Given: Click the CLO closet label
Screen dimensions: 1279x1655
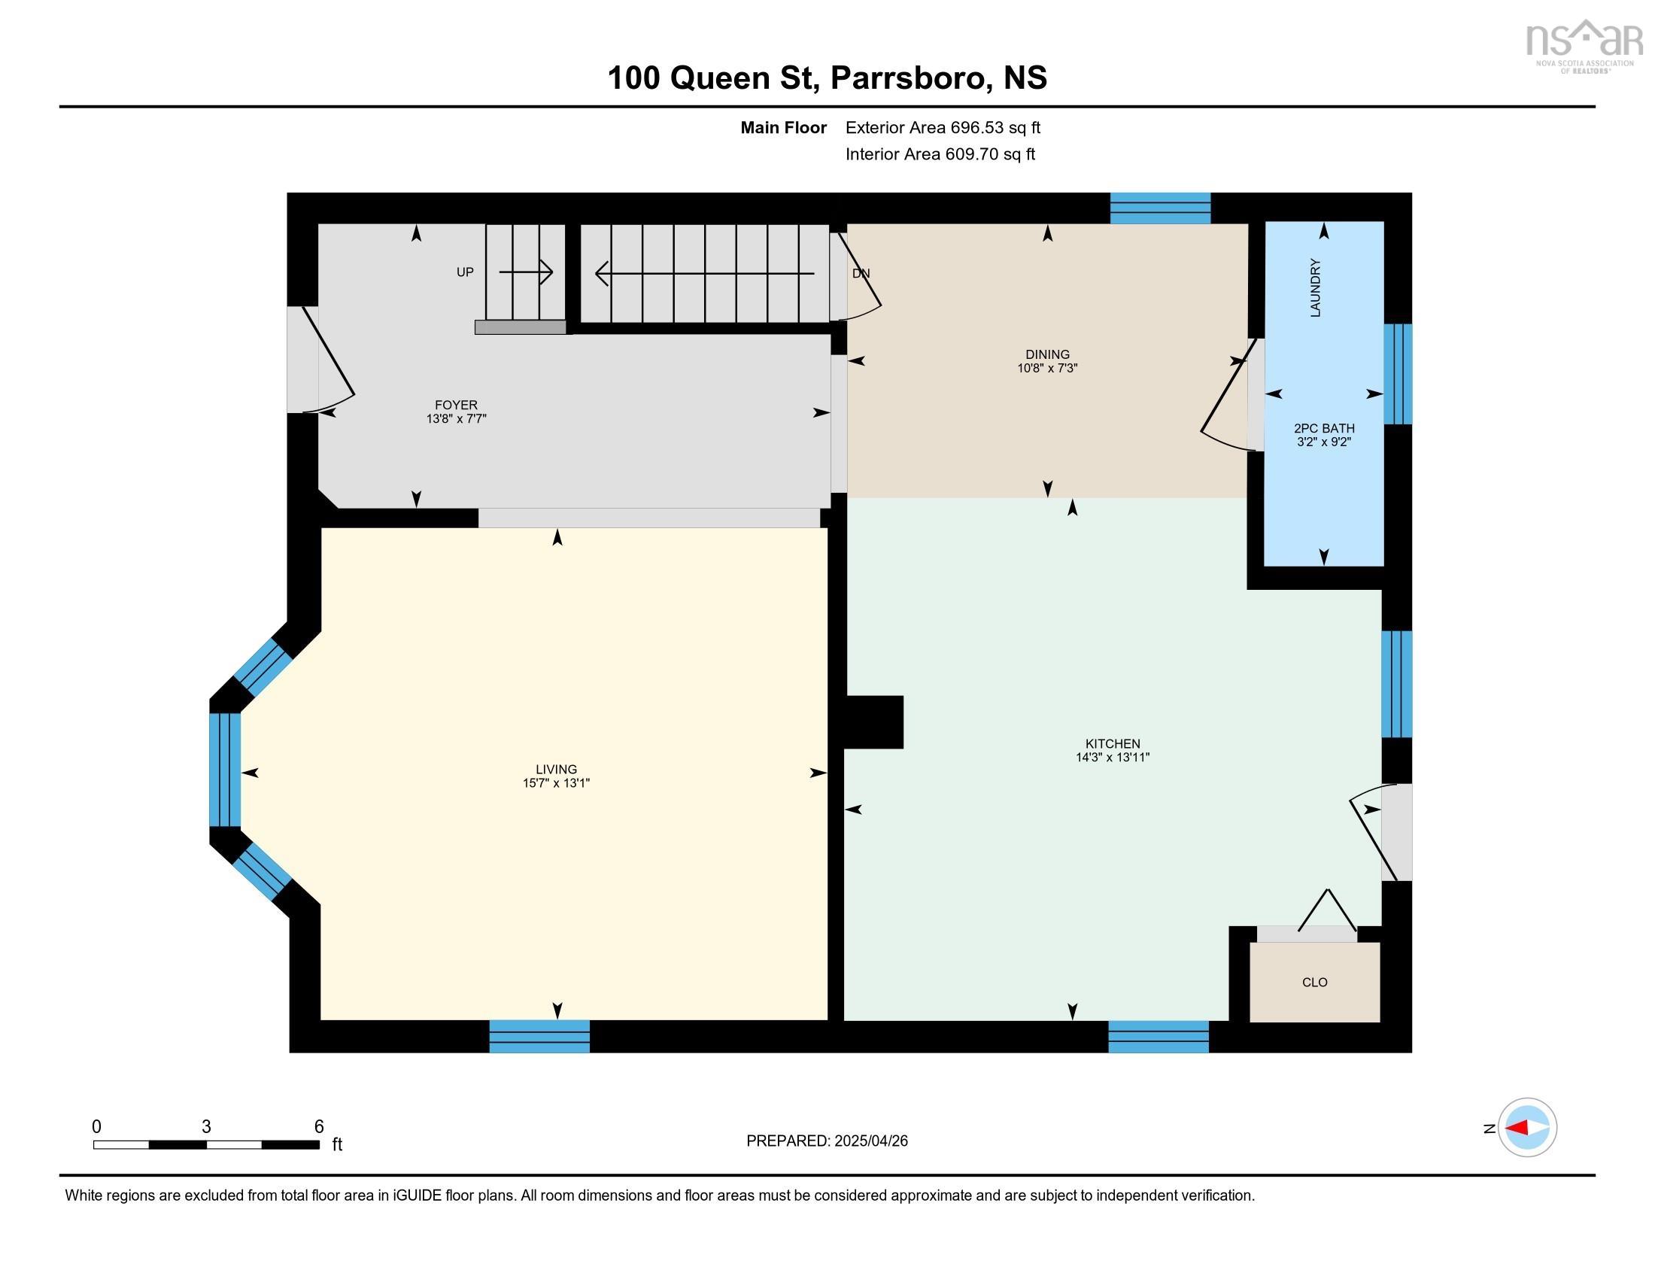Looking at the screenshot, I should [x=1314, y=982].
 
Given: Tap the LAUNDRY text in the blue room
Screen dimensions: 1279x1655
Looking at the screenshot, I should [x=1315, y=287].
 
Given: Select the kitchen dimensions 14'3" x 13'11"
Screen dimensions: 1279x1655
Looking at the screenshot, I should [x=1113, y=757].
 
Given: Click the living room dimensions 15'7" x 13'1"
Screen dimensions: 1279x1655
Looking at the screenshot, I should [x=555, y=782].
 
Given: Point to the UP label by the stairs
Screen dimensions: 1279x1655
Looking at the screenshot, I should [x=464, y=272].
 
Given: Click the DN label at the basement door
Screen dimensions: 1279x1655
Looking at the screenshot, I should [x=861, y=274].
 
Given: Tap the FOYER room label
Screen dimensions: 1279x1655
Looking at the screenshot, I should [x=455, y=405].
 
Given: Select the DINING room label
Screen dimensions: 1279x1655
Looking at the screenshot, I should [x=1047, y=354].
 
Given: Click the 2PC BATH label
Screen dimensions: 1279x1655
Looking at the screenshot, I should [x=1323, y=428].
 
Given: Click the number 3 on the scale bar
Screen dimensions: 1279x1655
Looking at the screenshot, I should [x=205, y=1127].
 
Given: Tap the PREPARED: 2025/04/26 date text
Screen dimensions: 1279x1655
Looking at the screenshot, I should [x=827, y=1141].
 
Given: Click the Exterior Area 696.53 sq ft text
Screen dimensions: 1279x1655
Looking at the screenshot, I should [x=943, y=127].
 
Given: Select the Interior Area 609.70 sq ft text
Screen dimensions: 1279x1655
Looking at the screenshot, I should [x=940, y=153].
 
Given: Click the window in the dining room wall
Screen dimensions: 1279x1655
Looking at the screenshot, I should [x=1159, y=208].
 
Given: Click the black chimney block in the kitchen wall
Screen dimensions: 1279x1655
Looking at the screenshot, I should [x=874, y=722].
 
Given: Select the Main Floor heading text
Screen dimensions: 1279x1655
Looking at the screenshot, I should [x=783, y=127].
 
